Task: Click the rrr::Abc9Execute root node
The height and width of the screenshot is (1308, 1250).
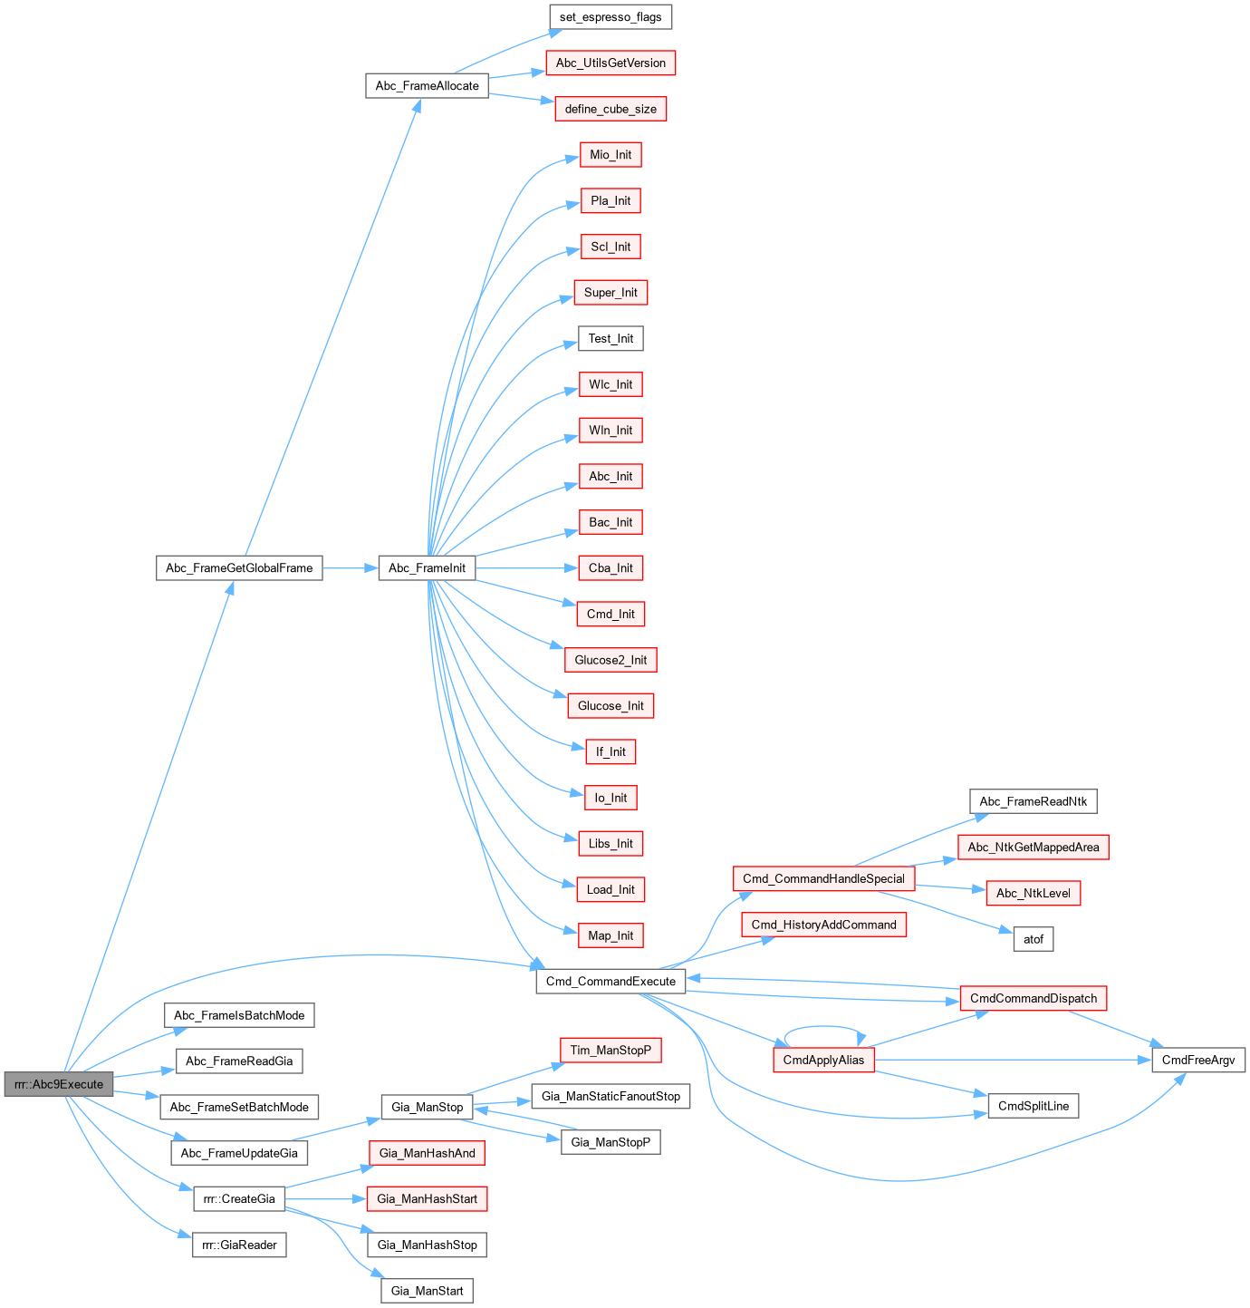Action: point(59,1084)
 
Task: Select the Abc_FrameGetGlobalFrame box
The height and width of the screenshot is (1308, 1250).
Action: point(239,568)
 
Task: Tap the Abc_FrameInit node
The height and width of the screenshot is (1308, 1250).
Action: point(427,568)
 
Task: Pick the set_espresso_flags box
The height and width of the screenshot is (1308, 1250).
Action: point(611,17)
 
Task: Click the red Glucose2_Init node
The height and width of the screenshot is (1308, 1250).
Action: point(611,660)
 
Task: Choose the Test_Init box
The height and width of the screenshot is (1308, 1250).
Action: point(611,339)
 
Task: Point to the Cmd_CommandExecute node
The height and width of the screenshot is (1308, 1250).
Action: point(611,981)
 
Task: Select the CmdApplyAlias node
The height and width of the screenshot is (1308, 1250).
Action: point(823,1060)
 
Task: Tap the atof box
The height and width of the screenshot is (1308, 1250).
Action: point(1034,939)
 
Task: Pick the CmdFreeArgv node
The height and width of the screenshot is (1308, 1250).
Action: point(1198,1060)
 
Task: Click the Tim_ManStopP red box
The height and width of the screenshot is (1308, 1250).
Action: point(611,1050)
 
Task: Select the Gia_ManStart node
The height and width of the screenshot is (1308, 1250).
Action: point(427,1291)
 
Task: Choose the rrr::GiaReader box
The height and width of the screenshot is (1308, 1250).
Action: point(239,1245)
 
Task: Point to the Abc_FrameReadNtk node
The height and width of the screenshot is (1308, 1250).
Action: point(1034,801)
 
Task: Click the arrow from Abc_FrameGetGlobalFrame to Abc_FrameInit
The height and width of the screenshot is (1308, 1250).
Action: point(350,568)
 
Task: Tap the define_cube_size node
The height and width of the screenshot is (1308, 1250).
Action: point(611,109)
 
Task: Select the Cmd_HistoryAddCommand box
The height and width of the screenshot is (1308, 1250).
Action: point(823,925)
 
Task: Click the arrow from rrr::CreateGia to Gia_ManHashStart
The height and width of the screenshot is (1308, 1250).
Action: point(326,1199)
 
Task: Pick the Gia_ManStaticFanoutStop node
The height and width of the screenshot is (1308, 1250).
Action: point(611,1096)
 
